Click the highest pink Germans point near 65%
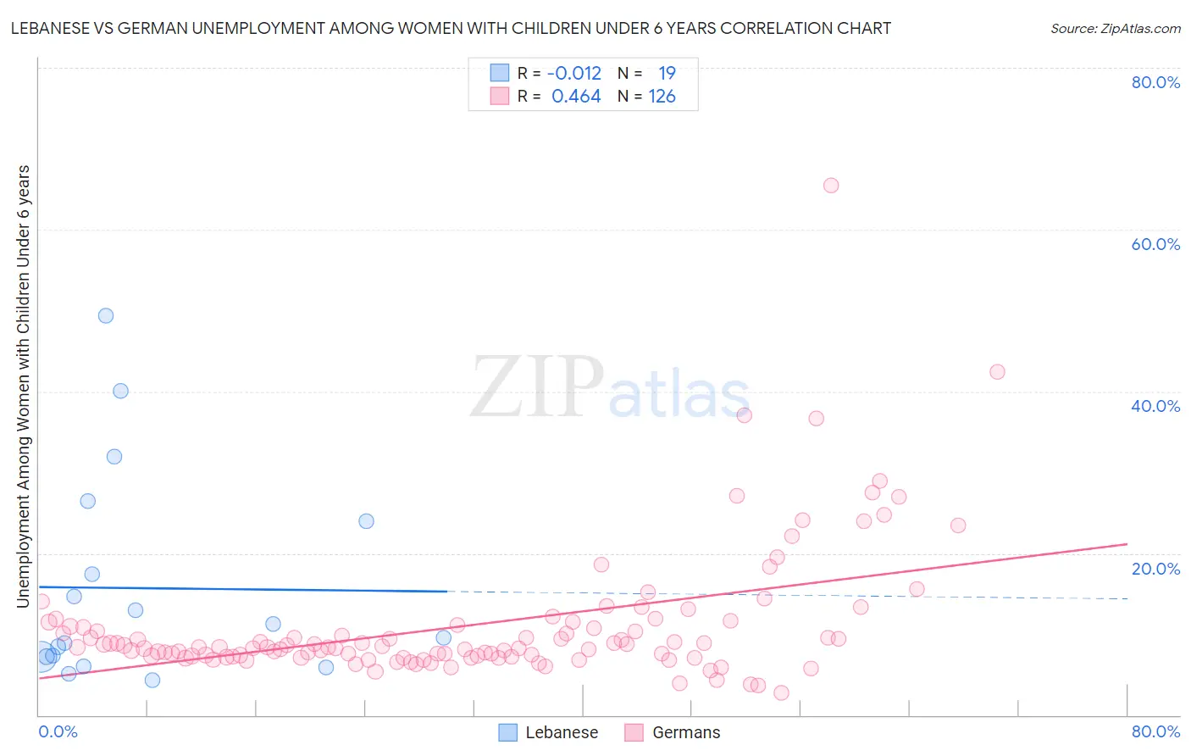tap(831, 186)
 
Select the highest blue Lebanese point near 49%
tap(106, 315)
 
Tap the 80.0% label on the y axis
tap(1155, 82)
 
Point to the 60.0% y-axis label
tap(1155, 244)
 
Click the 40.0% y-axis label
tap(1155, 406)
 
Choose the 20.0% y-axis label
tap(1155, 569)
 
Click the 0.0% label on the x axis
tap(58, 731)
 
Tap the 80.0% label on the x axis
tap(1155, 731)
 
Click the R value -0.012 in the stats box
tap(574, 73)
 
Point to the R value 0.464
tap(576, 97)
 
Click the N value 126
tap(662, 97)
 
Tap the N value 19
tap(668, 73)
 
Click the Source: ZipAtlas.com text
tap(1115, 28)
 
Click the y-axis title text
tap(23, 386)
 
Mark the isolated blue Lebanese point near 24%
tap(366, 521)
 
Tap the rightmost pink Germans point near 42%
tap(997, 372)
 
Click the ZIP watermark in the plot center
tap(537, 387)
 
